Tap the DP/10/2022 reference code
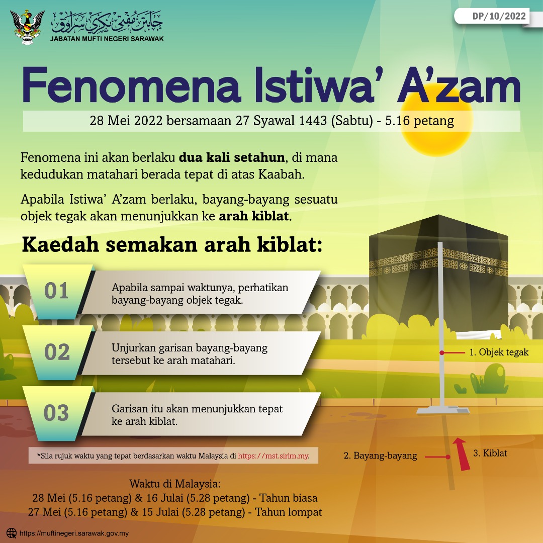[499, 16]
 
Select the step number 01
[56, 291]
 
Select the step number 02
[57, 352]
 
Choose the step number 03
[56, 413]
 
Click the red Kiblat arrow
[461, 454]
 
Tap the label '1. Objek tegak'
[499, 352]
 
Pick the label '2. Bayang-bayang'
[380, 456]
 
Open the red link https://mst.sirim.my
[273, 456]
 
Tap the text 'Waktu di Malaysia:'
[175, 484]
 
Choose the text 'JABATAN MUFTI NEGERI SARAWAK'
[107, 38]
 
